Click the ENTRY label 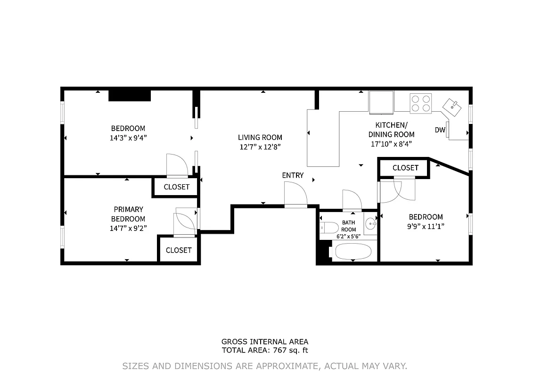(293, 175)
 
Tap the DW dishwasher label (440, 130)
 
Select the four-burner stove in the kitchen (420, 103)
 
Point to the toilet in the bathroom (328, 229)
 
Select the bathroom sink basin (370, 224)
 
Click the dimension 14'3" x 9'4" (128, 138)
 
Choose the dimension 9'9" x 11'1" (426, 226)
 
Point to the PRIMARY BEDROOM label (128, 214)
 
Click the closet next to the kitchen (405, 168)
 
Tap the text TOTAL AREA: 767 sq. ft (265, 350)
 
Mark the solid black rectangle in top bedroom (130, 95)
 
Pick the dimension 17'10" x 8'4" (391, 144)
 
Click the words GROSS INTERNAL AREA (265, 342)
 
